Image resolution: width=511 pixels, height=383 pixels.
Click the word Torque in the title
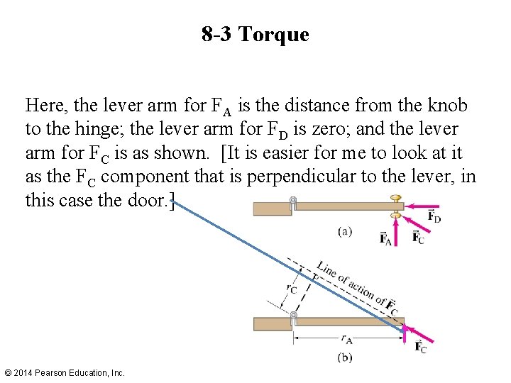(274, 35)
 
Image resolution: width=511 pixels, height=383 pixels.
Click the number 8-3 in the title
(216, 35)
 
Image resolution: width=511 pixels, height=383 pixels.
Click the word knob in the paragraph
(446, 106)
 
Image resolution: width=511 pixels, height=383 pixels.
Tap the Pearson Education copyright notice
(65, 372)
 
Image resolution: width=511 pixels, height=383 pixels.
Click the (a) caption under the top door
(344, 231)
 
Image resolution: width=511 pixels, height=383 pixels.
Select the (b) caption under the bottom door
(344, 357)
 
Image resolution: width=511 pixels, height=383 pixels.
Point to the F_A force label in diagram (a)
(388, 238)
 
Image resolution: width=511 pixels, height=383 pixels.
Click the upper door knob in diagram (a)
(397, 198)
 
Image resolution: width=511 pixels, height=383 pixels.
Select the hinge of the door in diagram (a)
(292, 203)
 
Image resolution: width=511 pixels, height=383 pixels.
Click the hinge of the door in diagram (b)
(293, 316)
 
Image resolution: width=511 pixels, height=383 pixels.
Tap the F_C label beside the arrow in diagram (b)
(421, 347)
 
